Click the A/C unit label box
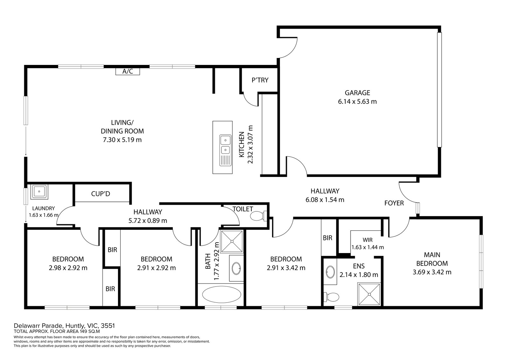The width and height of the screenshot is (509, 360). (x=128, y=71)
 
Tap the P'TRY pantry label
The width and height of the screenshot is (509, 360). (x=260, y=80)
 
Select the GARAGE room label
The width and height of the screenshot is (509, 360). (x=358, y=93)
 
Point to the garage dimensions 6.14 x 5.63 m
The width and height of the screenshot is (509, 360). (x=358, y=102)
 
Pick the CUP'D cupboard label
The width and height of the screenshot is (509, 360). (x=101, y=194)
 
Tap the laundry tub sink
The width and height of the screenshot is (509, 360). (x=39, y=192)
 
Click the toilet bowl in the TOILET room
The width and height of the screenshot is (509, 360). (x=258, y=215)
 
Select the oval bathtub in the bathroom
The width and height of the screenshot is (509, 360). (x=221, y=294)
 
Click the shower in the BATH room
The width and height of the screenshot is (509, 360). (x=232, y=242)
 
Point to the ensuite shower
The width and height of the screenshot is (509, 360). (x=369, y=294)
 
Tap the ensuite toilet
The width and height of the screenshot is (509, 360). (x=331, y=297)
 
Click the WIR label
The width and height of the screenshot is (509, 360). (x=368, y=240)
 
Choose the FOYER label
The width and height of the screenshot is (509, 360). (x=394, y=203)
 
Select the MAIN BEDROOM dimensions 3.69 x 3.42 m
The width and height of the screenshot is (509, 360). (x=432, y=272)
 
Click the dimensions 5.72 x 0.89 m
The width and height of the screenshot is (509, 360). (x=148, y=221)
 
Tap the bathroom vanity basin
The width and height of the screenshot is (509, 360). (x=236, y=268)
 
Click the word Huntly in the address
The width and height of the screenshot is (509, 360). (x=75, y=326)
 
